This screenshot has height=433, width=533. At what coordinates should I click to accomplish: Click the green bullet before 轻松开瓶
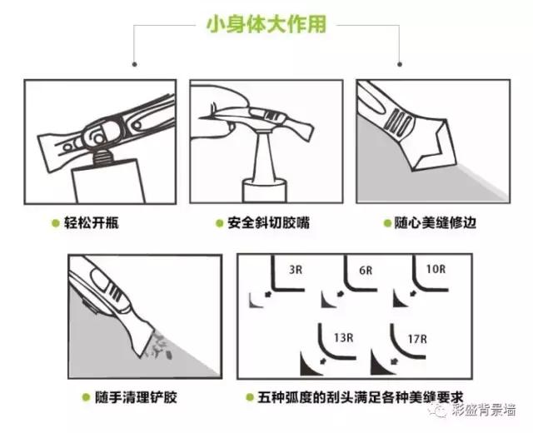point(54,223)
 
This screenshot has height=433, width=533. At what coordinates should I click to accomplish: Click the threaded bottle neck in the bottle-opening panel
point(102,157)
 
